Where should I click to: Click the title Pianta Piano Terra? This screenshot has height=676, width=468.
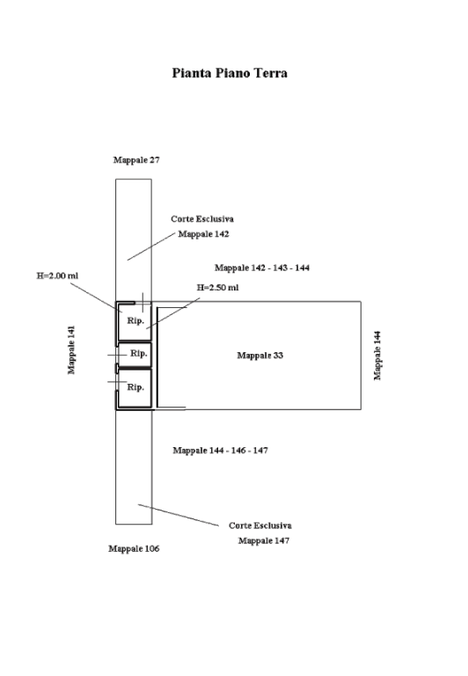[x=230, y=73]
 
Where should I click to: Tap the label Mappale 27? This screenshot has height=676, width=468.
[x=136, y=160]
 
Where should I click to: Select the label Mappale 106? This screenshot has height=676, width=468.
[x=134, y=549]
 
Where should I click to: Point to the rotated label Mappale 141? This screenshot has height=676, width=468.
[x=71, y=349]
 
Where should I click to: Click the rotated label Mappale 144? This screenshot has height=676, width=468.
[x=377, y=356]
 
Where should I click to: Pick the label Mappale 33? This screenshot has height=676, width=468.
[x=260, y=356]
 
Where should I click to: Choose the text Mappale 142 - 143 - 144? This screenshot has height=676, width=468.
[x=262, y=268]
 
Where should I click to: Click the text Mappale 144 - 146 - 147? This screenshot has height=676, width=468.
[x=220, y=451]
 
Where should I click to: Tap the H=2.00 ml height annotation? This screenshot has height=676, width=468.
[x=57, y=276]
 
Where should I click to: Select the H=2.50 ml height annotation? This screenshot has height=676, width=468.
[x=217, y=288]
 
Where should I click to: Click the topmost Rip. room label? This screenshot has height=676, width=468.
[x=135, y=321]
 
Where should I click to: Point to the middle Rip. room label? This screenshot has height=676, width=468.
[x=139, y=354]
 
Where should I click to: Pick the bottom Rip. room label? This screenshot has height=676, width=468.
[x=135, y=387]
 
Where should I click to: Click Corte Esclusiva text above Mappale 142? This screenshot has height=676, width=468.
[x=202, y=219]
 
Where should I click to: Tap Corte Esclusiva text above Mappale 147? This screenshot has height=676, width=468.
[x=260, y=525]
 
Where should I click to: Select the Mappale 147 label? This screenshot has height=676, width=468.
[x=264, y=540]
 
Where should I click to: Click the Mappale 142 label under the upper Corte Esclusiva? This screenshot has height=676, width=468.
[x=203, y=234]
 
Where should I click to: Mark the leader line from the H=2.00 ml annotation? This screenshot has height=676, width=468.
[x=96, y=298]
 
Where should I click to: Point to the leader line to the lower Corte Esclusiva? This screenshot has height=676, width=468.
[x=179, y=515]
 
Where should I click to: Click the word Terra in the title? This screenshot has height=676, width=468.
[x=271, y=73]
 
